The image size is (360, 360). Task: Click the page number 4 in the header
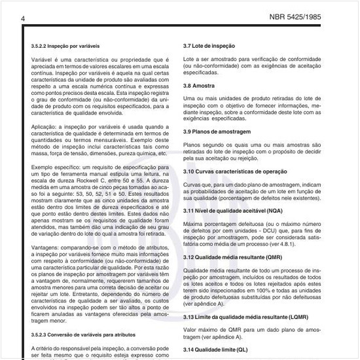pos(23,18)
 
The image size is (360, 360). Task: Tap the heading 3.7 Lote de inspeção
pos(209,47)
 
